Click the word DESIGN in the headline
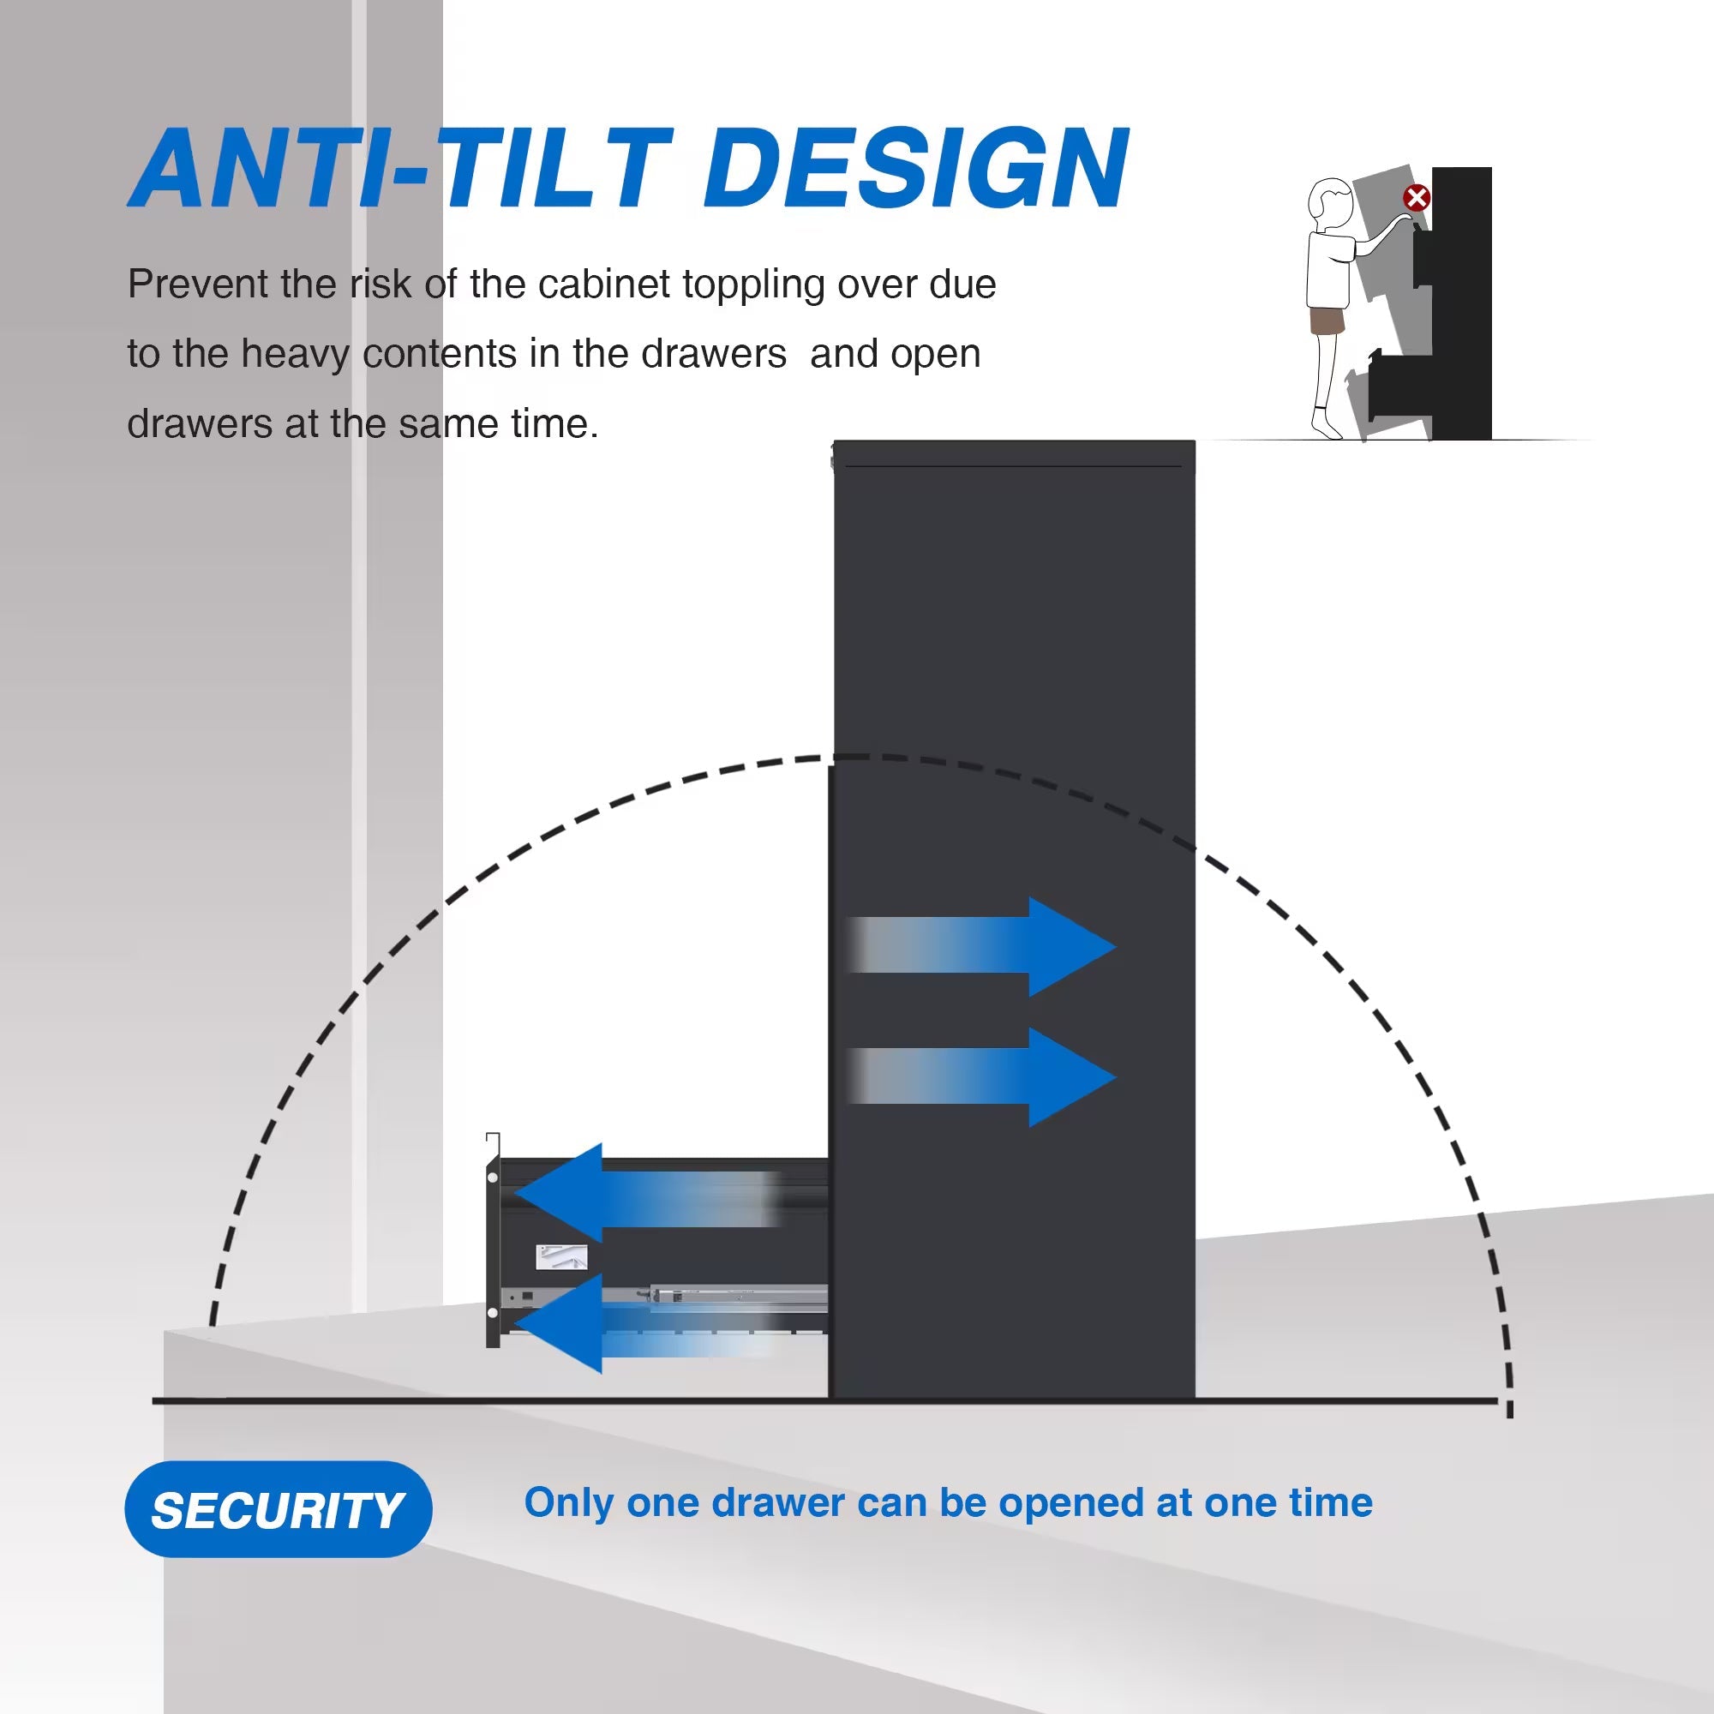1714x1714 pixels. coord(915,168)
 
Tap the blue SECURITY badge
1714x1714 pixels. coord(278,1509)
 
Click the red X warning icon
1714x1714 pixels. coord(1416,198)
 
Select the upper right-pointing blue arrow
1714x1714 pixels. coord(981,946)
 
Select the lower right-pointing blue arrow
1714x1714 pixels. coord(981,1077)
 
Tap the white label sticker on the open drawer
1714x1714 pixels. coord(561,1257)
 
